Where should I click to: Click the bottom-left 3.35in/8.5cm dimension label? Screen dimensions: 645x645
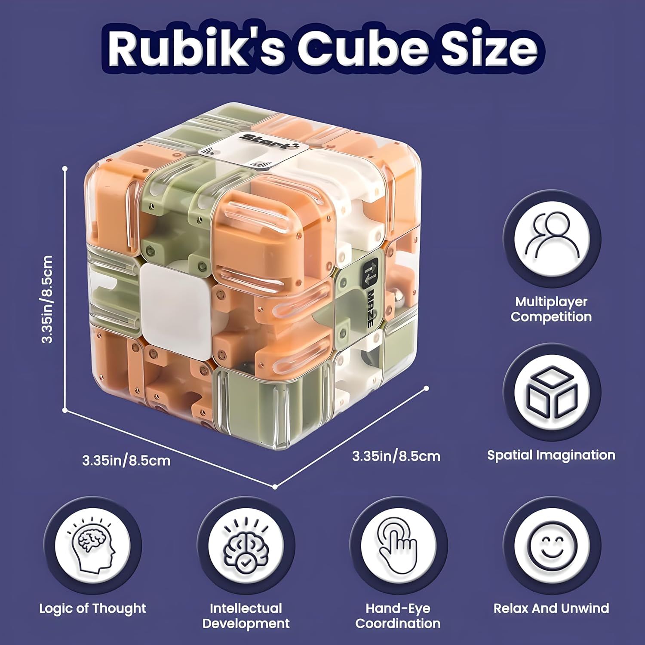point(126,461)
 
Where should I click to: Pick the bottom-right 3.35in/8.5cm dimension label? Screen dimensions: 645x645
point(396,456)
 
